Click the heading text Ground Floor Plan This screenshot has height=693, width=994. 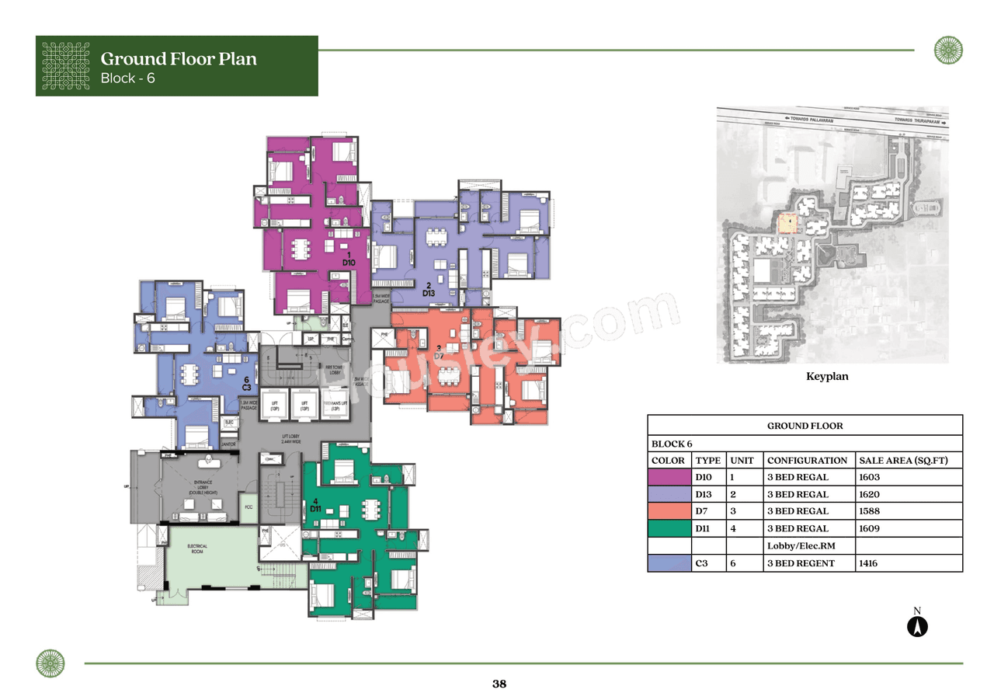(179, 58)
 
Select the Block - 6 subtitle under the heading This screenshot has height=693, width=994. (128, 78)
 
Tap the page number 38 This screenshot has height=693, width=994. (499, 684)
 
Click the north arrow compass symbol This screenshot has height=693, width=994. (917, 625)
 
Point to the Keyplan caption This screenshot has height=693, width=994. (827, 376)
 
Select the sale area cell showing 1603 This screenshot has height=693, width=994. (869, 478)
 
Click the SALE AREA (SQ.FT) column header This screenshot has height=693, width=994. (903, 461)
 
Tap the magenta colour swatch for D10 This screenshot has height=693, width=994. (669, 478)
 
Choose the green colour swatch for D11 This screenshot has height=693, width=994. (669, 529)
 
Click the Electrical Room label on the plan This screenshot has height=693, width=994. (197, 549)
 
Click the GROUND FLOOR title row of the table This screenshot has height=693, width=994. (805, 426)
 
